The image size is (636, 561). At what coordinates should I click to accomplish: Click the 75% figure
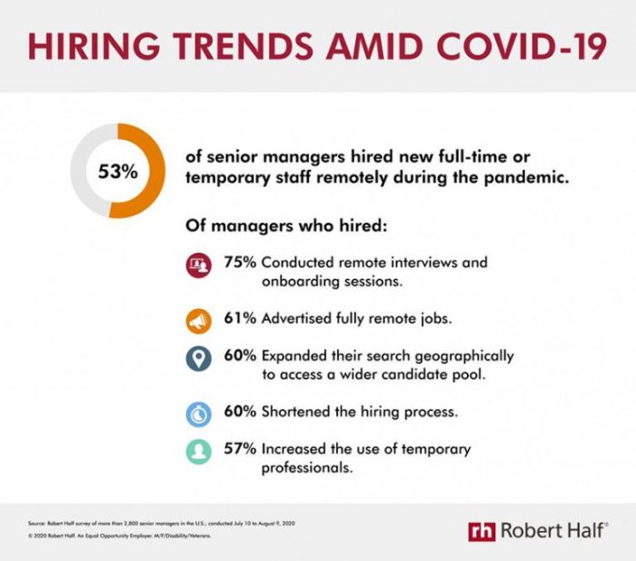[240, 263]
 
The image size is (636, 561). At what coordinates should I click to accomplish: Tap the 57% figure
[240, 449]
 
